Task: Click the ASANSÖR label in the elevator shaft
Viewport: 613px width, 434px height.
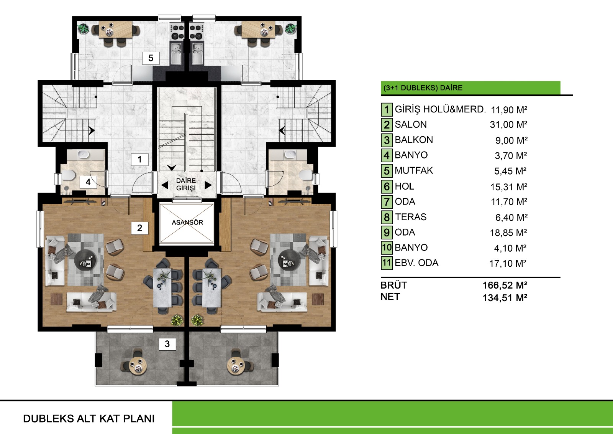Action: (x=187, y=222)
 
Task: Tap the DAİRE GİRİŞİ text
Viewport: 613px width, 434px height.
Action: (x=186, y=184)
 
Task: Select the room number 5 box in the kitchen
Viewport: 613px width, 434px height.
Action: (x=151, y=58)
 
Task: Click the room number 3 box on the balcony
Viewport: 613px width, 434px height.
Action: (x=167, y=344)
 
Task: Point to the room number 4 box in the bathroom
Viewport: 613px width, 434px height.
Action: (x=88, y=182)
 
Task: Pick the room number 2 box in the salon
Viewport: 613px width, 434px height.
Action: (x=139, y=228)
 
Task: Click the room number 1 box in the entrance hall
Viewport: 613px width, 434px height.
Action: (x=139, y=159)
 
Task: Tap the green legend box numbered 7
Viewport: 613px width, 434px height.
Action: (x=387, y=202)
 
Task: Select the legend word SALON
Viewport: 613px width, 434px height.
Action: (x=410, y=124)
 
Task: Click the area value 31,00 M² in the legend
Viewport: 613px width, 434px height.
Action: (x=508, y=124)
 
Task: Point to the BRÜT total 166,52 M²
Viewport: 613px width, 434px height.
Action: (x=505, y=285)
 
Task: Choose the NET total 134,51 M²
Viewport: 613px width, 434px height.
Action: (x=505, y=298)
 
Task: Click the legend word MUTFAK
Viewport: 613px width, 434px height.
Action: (x=414, y=170)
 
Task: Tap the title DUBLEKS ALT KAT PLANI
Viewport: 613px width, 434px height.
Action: (x=89, y=419)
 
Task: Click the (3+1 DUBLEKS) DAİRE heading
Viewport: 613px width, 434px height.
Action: (x=423, y=88)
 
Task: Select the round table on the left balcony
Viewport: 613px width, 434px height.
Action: (x=138, y=366)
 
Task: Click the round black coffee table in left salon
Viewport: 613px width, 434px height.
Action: (x=86, y=260)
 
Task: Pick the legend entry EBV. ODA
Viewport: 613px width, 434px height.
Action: (x=416, y=262)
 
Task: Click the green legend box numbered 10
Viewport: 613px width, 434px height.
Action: (x=387, y=248)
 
